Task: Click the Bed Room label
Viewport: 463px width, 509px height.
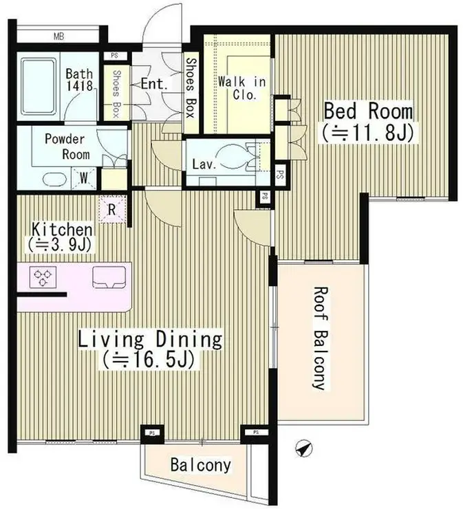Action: [x=368, y=111]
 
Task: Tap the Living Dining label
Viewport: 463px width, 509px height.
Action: [x=150, y=340]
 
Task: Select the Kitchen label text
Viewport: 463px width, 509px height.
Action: [x=62, y=230]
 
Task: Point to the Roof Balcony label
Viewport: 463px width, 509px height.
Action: [x=319, y=338]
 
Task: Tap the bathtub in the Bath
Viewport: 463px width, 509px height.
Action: [x=39, y=87]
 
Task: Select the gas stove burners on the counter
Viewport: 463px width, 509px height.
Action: [x=43, y=277]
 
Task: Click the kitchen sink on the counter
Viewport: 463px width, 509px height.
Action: [x=109, y=277]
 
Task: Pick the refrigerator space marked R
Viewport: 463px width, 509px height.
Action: [x=111, y=210]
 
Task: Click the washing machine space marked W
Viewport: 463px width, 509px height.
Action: [x=84, y=178]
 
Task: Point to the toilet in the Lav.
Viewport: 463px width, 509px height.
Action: [x=234, y=157]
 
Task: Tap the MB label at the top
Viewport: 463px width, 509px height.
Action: [x=58, y=36]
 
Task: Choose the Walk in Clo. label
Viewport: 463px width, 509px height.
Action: [x=242, y=87]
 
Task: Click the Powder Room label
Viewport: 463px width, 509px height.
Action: [x=67, y=147]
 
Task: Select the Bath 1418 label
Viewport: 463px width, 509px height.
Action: [x=80, y=80]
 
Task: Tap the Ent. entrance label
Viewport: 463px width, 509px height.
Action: [x=154, y=85]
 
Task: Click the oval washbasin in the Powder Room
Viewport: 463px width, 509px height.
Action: [x=55, y=179]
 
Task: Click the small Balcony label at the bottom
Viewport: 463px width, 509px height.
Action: [x=201, y=465]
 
